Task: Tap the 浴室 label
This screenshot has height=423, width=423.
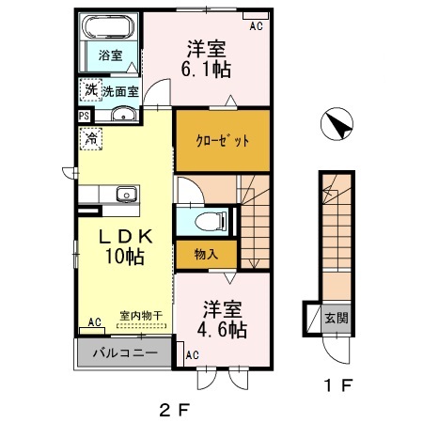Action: point(111,55)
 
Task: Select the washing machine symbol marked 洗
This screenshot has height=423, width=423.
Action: point(90,90)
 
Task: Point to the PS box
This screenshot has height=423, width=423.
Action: point(86,116)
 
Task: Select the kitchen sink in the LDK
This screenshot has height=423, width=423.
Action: point(125,195)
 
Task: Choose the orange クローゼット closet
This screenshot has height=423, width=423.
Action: point(222,140)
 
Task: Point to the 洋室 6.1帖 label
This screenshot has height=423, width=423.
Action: point(208,58)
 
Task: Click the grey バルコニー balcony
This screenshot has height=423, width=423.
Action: point(123,355)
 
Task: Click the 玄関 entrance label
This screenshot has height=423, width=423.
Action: point(335,317)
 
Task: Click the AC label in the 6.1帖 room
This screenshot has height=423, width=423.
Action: point(255,26)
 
